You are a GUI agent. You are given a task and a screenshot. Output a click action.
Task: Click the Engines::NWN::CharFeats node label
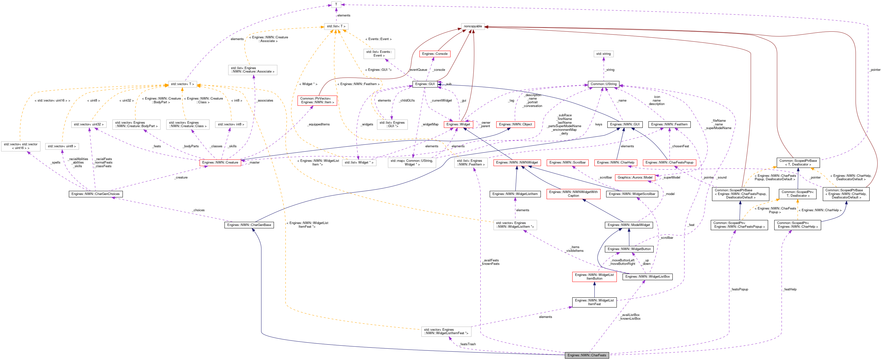587,355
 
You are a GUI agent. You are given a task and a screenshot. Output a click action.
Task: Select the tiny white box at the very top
336,4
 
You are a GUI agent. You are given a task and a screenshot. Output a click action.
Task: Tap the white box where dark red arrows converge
473,26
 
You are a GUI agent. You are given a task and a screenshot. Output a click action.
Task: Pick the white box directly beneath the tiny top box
336,26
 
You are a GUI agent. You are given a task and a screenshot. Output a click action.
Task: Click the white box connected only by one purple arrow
604,54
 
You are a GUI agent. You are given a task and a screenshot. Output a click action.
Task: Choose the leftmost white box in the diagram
21,146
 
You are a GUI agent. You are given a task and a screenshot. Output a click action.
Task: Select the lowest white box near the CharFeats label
446,331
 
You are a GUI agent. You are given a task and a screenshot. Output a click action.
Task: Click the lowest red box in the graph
594,277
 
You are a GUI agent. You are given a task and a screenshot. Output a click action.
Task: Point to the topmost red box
435,54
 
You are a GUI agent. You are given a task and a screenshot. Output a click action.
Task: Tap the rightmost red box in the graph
669,163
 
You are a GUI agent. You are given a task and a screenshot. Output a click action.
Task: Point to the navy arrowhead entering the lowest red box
594,283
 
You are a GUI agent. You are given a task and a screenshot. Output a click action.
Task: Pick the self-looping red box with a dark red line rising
459,125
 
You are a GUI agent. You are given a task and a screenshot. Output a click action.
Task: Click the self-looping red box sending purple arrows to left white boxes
220,163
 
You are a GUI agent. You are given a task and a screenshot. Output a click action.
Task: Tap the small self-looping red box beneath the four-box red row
635,178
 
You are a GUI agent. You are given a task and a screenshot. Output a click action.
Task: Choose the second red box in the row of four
567,163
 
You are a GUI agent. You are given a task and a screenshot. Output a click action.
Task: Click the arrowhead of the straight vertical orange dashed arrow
798,201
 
